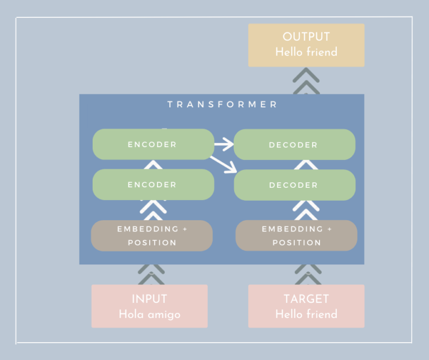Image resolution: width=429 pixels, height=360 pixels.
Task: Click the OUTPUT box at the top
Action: pyautogui.click(x=306, y=45)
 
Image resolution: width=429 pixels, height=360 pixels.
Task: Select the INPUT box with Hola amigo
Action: pyautogui.click(x=149, y=306)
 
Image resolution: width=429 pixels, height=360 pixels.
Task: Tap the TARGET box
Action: pyautogui.click(x=306, y=306)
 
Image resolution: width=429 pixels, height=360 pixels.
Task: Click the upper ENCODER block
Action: pyautogui.click(x=152, y=144)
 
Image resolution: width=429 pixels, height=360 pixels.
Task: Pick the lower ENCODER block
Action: pyautogui.click(x=152, y=184)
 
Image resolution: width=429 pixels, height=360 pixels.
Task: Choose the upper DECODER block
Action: pyautogui.click(x=294, y=145)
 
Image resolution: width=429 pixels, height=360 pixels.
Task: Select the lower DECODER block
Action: pyautogui.click(x=294, y=185)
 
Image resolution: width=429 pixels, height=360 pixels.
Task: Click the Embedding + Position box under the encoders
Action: pyautogui.click(x=152, y=236)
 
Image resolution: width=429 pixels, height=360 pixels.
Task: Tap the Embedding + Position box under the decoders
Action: pyautogui.click(x=296, y=236)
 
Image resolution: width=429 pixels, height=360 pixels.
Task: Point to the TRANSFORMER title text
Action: pyautogui.click(x=222, y=105)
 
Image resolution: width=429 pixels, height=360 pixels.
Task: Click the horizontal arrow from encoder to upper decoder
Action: pyautogui.click(x=224, y=145)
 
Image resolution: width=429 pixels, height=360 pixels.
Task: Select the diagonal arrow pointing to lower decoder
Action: pyautogui.click(x=223, y=164)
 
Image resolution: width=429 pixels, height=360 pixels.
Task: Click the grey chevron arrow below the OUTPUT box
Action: pyautogui.click(x=306, y=81)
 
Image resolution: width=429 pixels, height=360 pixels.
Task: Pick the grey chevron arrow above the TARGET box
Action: pyautogui.click(x=306, y=274)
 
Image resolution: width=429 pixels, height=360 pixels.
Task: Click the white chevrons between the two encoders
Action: pyautogui.click(x=152, y=165)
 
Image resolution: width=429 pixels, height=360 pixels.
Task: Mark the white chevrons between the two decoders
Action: pyautogui.click(x=306, y=165)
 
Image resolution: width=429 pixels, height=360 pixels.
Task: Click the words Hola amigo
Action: pyautogui.click(x=149, y=314)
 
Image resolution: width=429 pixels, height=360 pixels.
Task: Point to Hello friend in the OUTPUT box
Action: pyautogui.click(x=306, y=52)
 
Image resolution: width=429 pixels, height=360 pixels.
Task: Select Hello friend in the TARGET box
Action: pyautogui.click(x=306, y=314)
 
